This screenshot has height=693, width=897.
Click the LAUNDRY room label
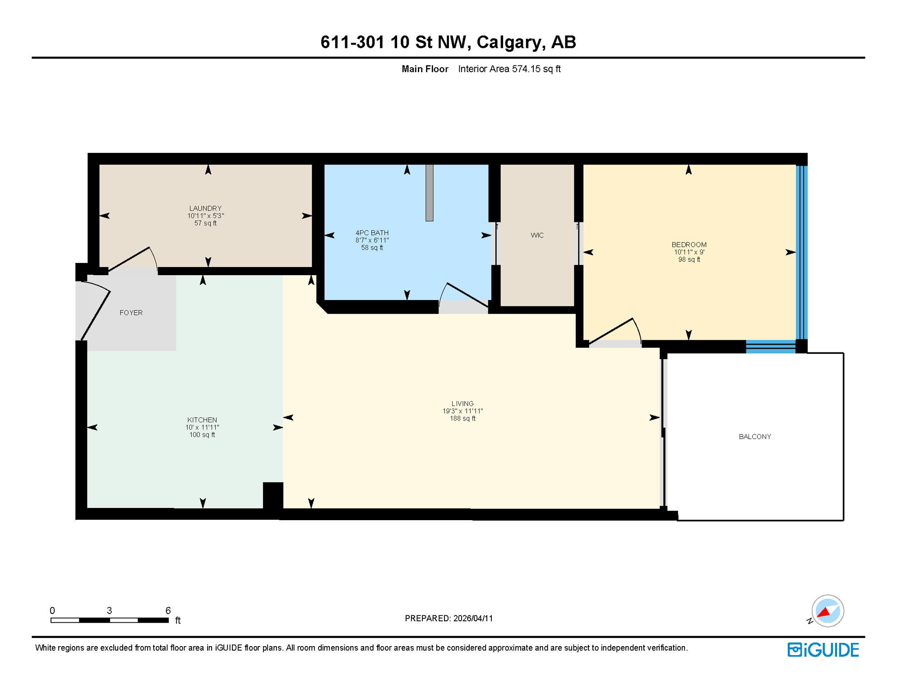pos(205,208)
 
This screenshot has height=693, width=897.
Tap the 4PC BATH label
pos(372,233)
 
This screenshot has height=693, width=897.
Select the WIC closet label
pos(537,236)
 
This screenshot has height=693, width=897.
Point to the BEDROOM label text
pos(689,245)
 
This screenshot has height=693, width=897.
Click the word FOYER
pos(131,313)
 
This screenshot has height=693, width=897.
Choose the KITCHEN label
pos(202,420)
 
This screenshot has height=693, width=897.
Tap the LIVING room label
pos(462,404)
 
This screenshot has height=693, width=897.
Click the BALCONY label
pos(754,437)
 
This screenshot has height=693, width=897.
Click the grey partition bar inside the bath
pos(429,193)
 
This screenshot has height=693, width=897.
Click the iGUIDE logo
pos(823,650)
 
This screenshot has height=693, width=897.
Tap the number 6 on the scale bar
pos(168,610)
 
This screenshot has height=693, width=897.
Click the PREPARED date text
pos(448,619)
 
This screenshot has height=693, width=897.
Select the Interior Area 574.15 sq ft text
pos(509,69)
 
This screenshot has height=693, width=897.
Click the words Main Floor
pos(425,69)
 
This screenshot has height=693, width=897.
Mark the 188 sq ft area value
pos(462,419)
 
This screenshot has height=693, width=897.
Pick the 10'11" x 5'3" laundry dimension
pos(205,216)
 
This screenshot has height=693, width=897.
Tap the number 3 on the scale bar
pos(109,610)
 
